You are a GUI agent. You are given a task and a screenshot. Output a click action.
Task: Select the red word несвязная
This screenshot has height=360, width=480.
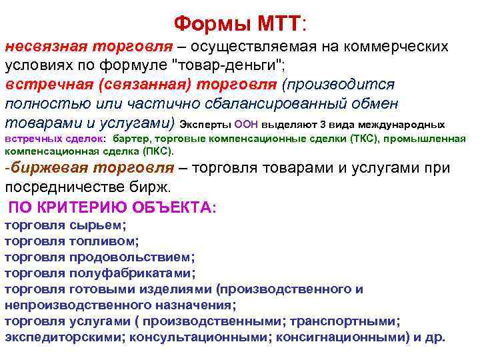pos(46,47)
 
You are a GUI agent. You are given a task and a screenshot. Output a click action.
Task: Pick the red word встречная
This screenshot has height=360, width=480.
pos(43,85)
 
